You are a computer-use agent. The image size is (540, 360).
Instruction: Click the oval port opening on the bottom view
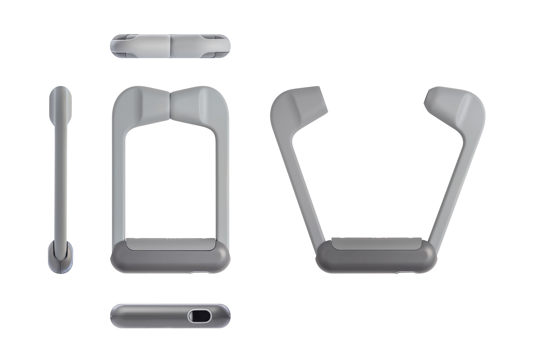click(x=199, y=316)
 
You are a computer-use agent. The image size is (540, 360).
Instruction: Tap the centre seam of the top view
click(x=171, y=46)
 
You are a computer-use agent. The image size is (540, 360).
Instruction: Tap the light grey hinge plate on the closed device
click(x=171, y=244)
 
